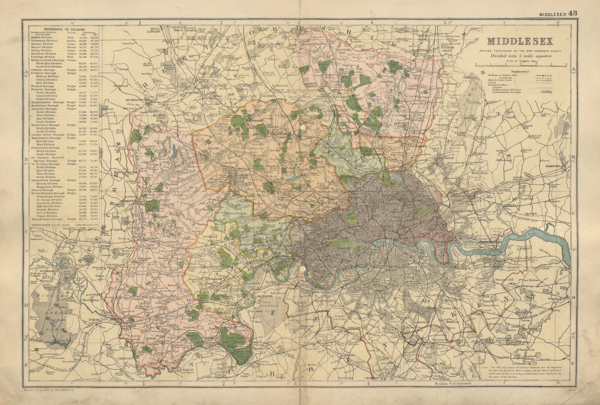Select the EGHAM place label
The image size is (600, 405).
[94, 319]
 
